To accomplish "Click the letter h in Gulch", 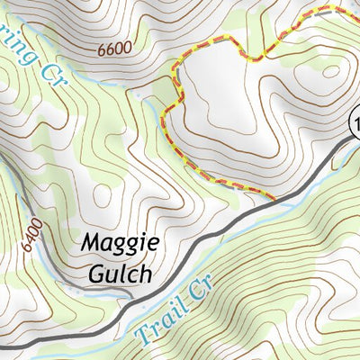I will point(144,273).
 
